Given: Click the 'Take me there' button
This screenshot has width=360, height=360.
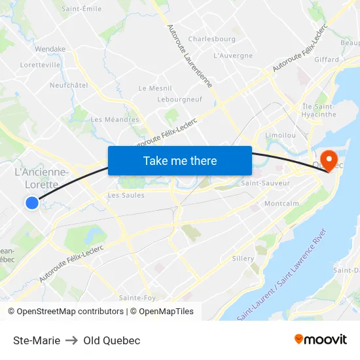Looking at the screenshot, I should point(180,160).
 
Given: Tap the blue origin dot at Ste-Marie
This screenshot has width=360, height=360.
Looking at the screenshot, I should point(32,203).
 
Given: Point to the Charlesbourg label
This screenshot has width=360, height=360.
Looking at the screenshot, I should point(211,39).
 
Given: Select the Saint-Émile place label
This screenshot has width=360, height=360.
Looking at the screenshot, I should point(81,9).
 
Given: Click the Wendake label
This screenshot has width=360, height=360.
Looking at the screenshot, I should point(50,49).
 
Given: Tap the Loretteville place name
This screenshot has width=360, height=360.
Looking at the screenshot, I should point(41,65).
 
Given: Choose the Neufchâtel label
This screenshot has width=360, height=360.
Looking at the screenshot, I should point(69,85).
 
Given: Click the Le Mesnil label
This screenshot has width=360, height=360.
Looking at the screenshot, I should point(155,88).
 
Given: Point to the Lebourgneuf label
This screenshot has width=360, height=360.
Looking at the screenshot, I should point(179,99).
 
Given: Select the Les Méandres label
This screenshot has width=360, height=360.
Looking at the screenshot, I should point(115,120).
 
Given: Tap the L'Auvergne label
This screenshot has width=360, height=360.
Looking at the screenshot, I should point(233,56).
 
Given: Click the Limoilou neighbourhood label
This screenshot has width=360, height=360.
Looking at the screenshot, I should point(281,135).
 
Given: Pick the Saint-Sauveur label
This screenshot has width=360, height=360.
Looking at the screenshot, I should point(265,183).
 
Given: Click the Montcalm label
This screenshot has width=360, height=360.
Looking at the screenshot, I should point(281,204).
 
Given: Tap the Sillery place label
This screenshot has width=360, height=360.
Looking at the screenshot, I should point(243,259).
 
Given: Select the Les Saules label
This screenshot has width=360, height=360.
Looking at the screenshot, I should point(126,195).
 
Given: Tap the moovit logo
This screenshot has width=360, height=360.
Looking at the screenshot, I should point(321,340).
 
